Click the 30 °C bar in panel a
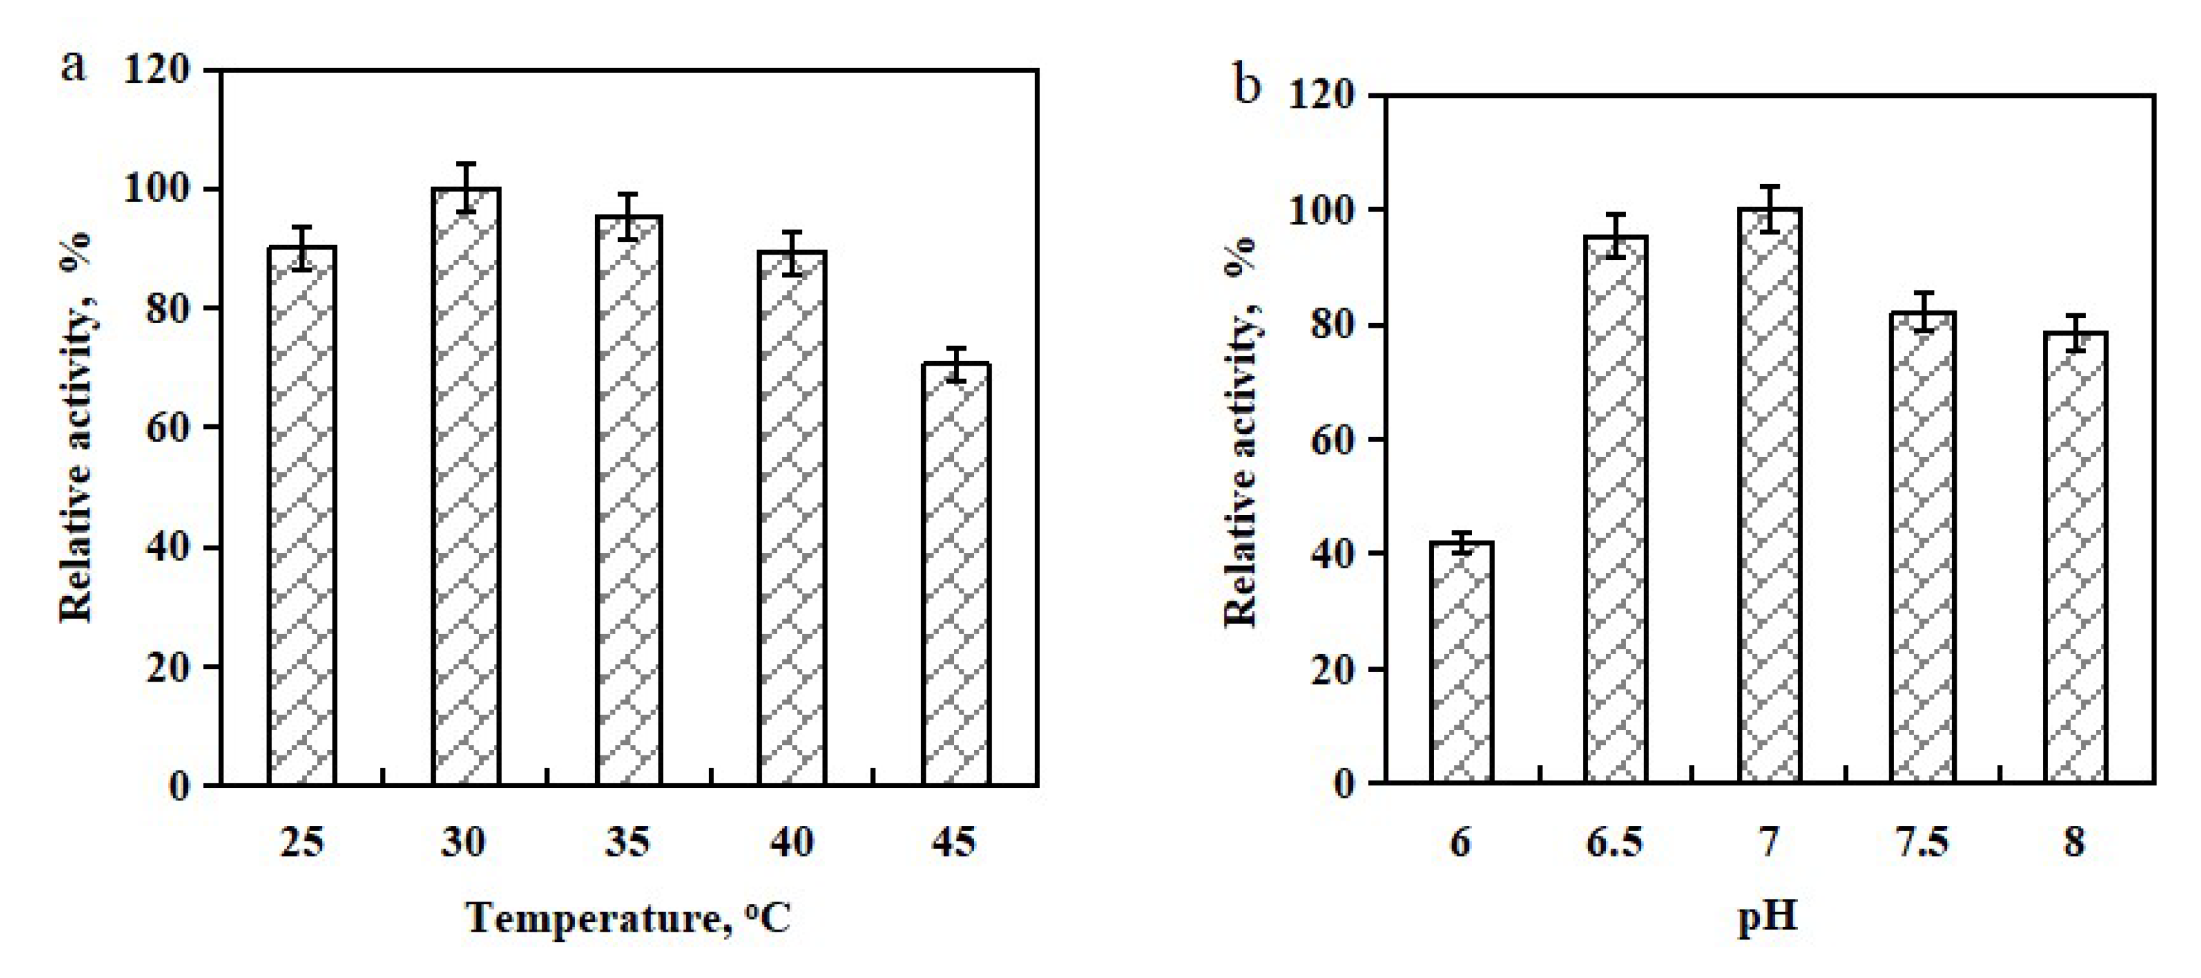pos(466,487)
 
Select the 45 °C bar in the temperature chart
pos(956,574)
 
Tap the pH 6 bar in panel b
pos(1461,662)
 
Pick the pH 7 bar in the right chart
pos(1769,496)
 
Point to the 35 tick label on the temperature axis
pos(628,842)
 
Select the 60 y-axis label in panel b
pos(1332,441)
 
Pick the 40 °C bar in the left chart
pos(792,518)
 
